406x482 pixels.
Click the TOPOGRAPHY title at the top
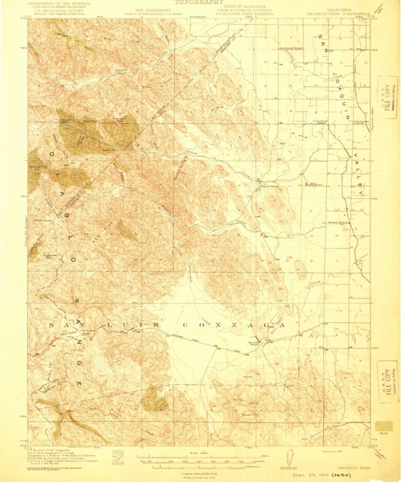tap(195, 3)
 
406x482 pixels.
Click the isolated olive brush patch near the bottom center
tap(154, 398)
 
